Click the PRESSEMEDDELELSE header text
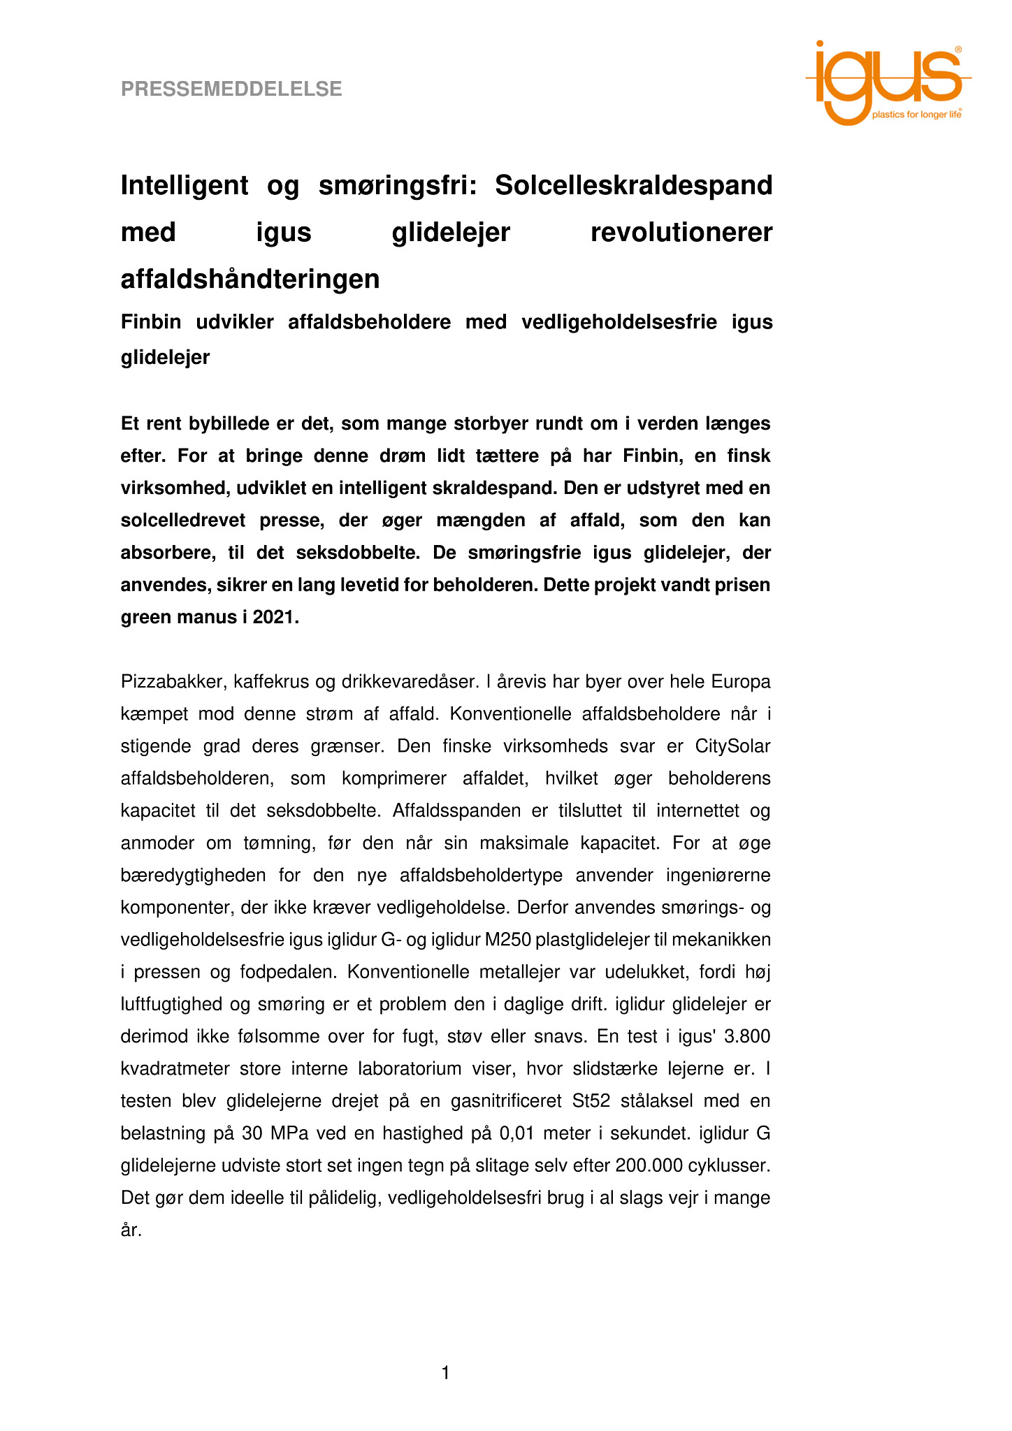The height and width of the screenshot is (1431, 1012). (231, 89)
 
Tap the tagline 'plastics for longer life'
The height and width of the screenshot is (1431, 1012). (916, 115)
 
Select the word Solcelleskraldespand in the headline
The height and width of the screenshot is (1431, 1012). (633, 186)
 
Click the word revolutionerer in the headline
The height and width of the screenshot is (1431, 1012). (681, 233)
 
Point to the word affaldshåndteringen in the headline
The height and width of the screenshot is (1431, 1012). (250, 279)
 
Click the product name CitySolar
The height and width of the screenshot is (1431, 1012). (732, 746)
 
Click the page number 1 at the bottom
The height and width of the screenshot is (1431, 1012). (446, 1374)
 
